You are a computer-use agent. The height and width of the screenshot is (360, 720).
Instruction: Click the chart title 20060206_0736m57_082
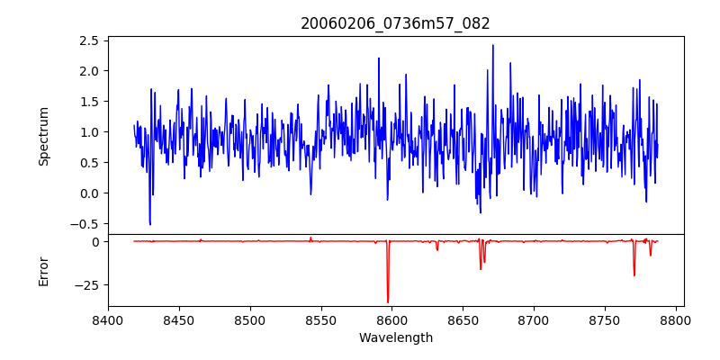395,24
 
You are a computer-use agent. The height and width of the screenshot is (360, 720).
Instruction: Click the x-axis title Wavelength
395,338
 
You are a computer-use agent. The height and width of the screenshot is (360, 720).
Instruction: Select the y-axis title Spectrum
44,136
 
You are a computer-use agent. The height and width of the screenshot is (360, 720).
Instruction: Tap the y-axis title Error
44,270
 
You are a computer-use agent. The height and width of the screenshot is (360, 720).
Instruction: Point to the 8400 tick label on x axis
108,319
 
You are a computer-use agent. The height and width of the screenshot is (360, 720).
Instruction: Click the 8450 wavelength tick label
179,319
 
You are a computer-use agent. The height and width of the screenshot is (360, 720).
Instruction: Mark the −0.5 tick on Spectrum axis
85,224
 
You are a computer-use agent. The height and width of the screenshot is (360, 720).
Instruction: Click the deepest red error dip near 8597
388,302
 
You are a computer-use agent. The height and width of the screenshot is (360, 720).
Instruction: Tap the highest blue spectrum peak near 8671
492,45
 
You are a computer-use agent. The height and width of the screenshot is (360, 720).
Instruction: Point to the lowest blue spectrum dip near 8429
150,225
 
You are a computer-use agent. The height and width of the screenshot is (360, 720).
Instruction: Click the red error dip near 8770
634,275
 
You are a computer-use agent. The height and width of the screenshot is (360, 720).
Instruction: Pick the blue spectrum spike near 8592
379,58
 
